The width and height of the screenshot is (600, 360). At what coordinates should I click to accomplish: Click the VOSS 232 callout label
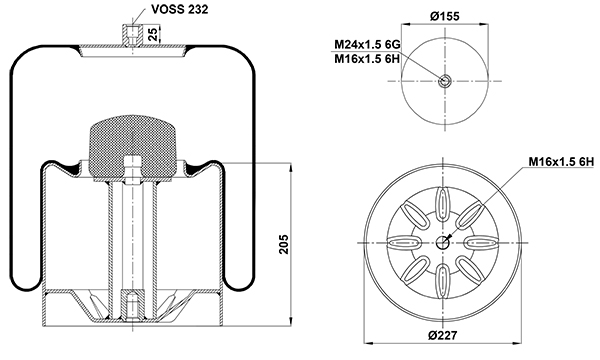179,9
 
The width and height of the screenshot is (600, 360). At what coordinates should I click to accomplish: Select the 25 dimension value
153,34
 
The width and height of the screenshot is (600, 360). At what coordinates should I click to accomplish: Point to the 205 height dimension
284,244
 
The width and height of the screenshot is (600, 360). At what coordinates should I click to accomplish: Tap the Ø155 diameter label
444,16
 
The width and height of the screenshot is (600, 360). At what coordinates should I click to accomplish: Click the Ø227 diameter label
443,336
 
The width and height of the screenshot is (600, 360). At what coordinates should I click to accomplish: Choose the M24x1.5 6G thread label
367,45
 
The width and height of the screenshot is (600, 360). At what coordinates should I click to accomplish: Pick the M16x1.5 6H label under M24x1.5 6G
367,59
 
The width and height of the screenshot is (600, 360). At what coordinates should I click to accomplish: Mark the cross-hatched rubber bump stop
132,147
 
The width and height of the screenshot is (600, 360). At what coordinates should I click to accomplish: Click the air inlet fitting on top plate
132,35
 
